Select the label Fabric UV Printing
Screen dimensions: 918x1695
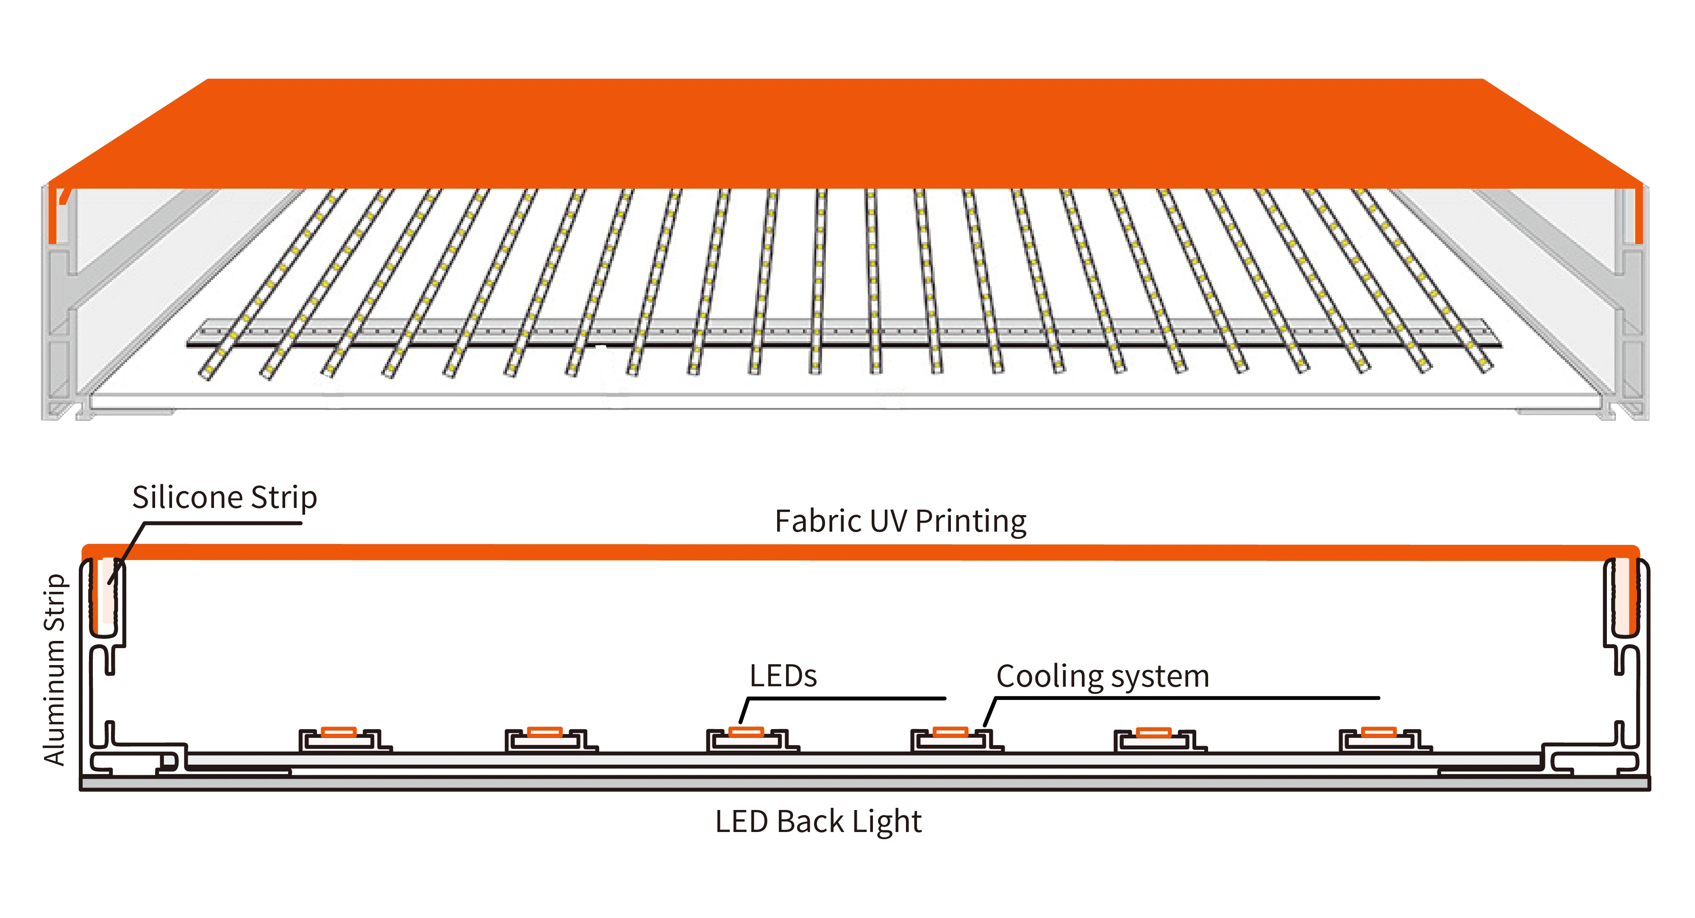coord(900,521)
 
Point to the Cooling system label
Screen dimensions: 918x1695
coord(1102,677)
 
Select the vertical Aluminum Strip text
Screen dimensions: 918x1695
coord(55,669)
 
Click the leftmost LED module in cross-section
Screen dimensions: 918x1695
coord(339,739)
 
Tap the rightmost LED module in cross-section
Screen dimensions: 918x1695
coord(1379,739)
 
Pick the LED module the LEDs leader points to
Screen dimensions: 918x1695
coord(746,739)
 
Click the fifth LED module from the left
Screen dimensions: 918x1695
coord(1154,739)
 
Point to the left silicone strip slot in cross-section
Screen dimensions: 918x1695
coord(105,595)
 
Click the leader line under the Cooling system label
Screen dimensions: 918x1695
coord(1184,698)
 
